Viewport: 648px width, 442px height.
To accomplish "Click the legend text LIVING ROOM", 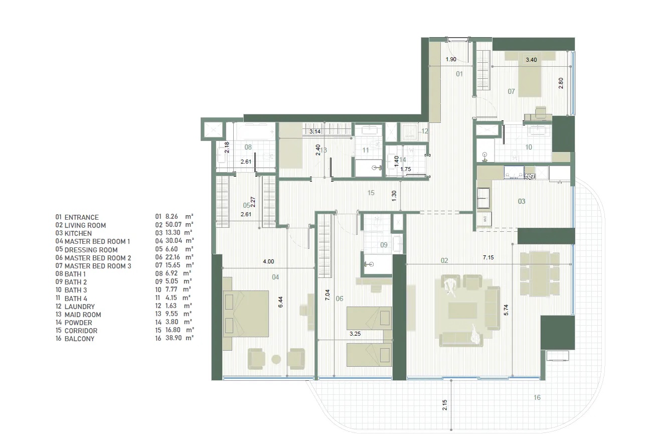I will tap(85, 226).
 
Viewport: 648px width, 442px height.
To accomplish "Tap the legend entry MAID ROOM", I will tap(83, 315).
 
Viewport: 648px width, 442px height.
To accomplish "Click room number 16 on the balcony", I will tap(537, 398).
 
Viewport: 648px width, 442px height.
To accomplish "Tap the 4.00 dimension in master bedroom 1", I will tap(269, 261).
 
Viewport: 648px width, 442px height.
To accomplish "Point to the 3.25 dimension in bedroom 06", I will tap(355, 333).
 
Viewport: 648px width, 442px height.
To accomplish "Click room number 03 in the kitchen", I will tap(522, 201).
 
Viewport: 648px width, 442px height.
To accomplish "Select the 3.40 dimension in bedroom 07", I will tap(531, 60).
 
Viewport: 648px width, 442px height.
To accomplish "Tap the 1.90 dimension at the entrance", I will tap(450, 60).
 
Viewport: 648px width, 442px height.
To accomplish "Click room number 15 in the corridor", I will tap(371, 193).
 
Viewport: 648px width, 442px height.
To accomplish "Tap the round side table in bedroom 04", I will tap(276, 359).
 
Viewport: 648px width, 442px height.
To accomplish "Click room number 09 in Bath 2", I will tap(384, 245).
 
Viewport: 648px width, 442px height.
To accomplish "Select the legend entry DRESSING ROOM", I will tap(91, 250).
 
